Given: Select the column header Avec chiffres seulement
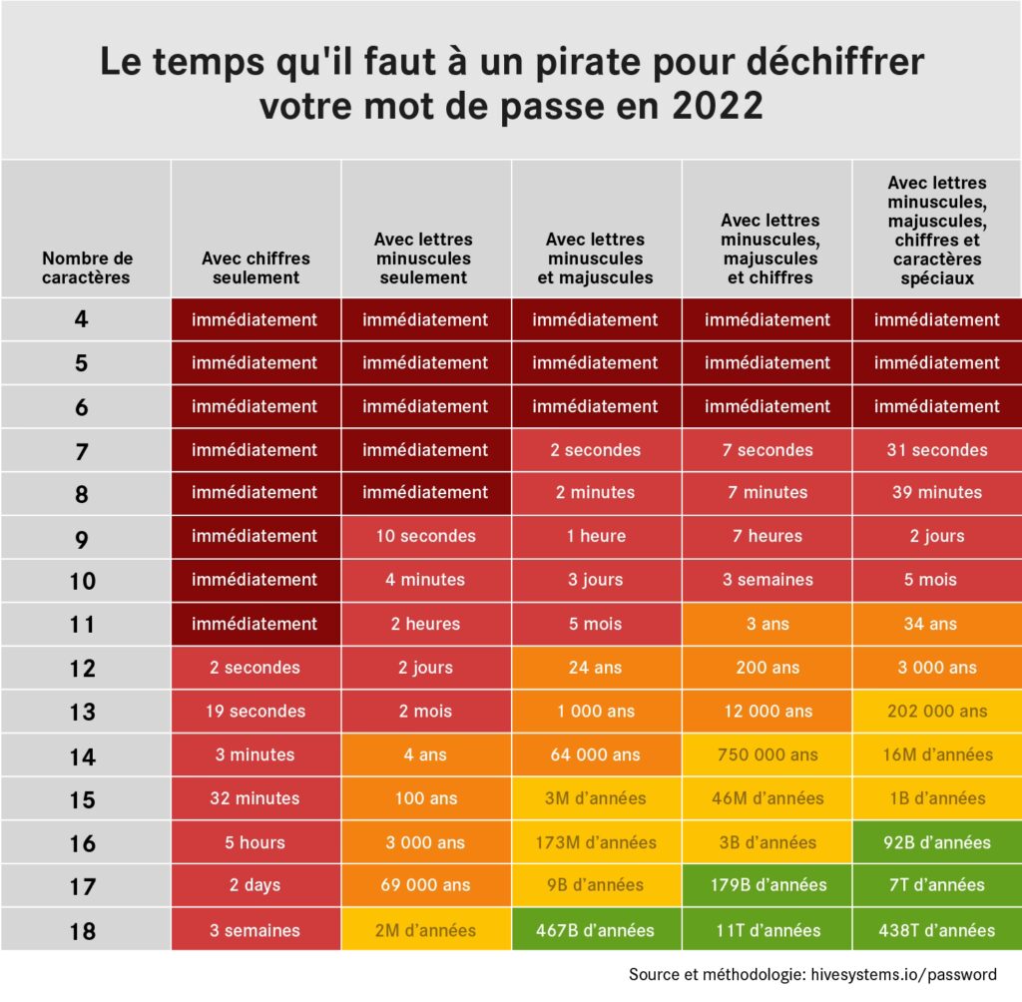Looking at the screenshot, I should pyautogui.click(x=255, y=267).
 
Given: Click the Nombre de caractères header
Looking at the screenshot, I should pyautogui.click(x=86, y=267).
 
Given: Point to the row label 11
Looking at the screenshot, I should pyautogui.click(x=83, y=625).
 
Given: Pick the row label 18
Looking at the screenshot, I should pyautogui.click(x=83, y=931).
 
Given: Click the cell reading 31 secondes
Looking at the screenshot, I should pyautogui.click(x=936, y=450).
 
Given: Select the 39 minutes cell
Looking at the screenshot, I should pyautogui.click(x=936, y=493).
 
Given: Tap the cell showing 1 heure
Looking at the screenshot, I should pyautogui.click(x=596, y=536).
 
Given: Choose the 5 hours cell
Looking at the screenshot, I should pyautogui.click(x=255, y=843).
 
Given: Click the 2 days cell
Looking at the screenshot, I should pyautogui.click(x=255, y=885).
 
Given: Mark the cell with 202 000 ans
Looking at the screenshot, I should pyautogui.click(x=936, y=712).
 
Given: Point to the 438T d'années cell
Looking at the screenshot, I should pyautogui.click(x=936, y=930).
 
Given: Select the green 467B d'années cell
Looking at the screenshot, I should pyautogui.click(x=596, y=930).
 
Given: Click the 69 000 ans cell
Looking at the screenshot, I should pyautogui.click(x=425, y=885).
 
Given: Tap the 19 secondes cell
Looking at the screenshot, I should pyautogui.click(x=255, y=712).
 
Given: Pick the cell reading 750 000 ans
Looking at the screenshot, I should pyautogui.click(x=766, y=755).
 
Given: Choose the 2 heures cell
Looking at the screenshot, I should pyautogui.click(x=425, y=624).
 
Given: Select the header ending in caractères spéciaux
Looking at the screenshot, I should pyautogui.click(x=936, y=231).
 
